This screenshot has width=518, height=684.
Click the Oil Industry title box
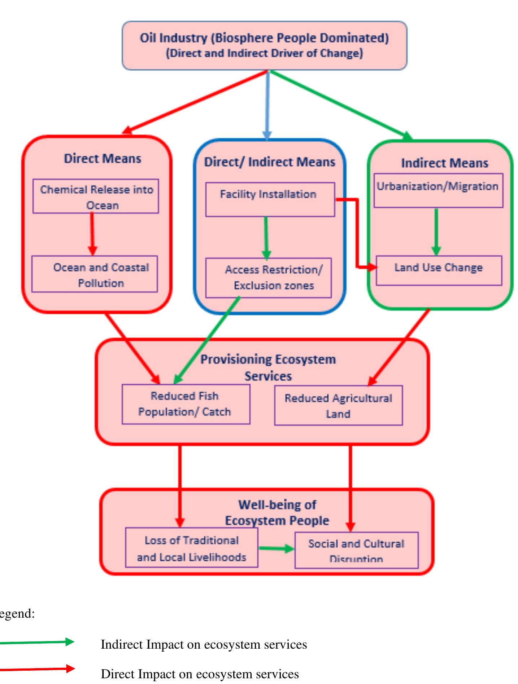click(x=264, y=45)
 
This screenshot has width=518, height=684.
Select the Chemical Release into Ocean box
click(x=96, y=196)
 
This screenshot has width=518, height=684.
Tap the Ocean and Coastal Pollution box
click(x=95, y=274)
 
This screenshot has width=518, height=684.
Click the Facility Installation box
click(x=270, y=199)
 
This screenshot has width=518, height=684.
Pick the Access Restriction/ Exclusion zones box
click(x=269, y=278)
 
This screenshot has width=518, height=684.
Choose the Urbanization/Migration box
click(x=438, y=190)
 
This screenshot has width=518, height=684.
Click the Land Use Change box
click(x=439, y=270)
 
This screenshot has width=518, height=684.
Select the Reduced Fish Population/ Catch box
click(x=186, y=404)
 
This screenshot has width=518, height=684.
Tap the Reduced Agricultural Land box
click(x=338, y=405)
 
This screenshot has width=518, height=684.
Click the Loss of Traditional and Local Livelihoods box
click(x=192, y=548)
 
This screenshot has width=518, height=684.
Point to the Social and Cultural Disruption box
click(x=356, y=550)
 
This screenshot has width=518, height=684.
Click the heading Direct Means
click(x=103, y=159)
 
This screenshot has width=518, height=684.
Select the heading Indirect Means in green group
click(x=444, y=163)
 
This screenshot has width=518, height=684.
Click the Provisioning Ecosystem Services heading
click(x=268, y=367)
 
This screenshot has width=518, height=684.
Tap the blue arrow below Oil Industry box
click(x=267, y=105)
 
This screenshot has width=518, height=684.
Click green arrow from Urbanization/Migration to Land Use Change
click(x=436, y=231)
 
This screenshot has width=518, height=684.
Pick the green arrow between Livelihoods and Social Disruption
click(x=276, y=548)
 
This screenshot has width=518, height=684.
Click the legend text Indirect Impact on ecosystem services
click(x=204, y=644)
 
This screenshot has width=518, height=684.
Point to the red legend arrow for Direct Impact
click(x=36, y=669)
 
